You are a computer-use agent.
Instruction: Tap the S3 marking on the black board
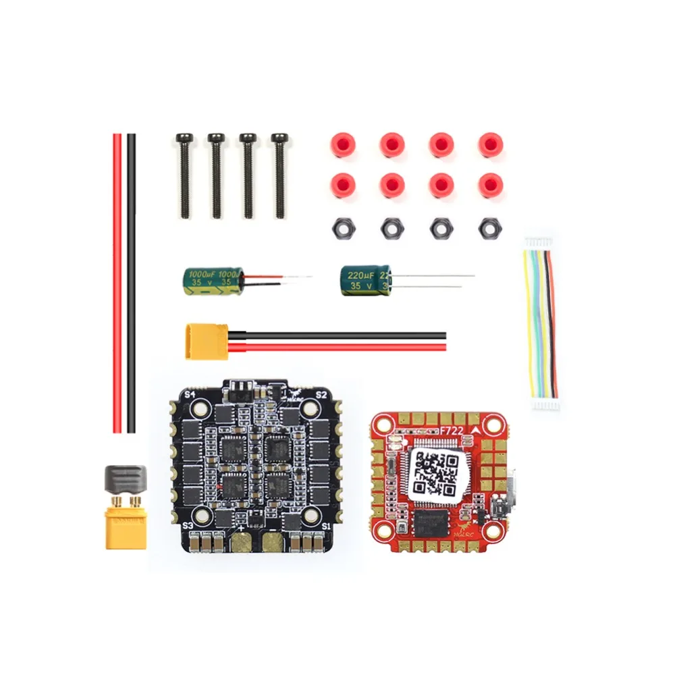(188, 524)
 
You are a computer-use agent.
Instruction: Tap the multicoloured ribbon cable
(540, 324)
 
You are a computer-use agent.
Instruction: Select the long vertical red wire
(117, 283)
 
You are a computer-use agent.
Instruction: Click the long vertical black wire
(131, 283)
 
